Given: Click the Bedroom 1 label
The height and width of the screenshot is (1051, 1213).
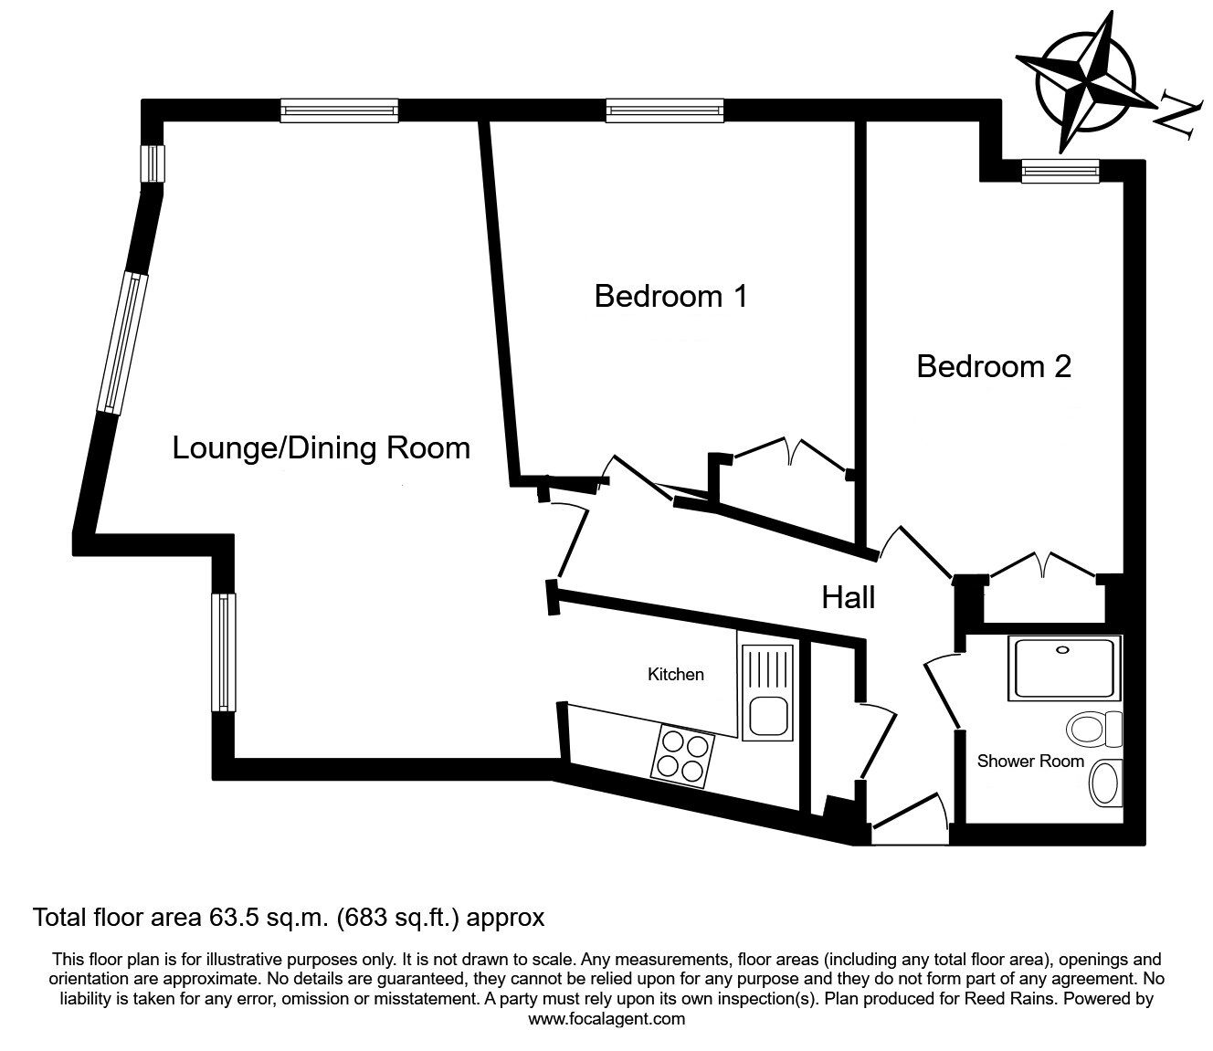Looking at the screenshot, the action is tap(670, 296).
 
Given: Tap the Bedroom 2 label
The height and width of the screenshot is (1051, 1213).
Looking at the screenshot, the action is tap(994, 366).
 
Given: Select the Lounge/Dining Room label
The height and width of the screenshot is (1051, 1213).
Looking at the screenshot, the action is tap(321, 449).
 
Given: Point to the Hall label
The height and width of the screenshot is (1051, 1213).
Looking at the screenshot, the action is tap(848, 597).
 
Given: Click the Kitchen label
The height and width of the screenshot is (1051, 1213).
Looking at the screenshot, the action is tap(675, 674).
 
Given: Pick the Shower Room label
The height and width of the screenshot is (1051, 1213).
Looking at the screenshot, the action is tap(1030, 762).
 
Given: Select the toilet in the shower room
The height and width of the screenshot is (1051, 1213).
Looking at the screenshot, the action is tap(1094, 729).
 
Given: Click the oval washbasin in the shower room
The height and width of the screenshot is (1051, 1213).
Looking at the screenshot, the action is tap(1105, 783).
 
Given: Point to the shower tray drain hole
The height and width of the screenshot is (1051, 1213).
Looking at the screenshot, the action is tap(1062, 650).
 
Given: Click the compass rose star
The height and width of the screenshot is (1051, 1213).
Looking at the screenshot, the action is tap(1084, 82).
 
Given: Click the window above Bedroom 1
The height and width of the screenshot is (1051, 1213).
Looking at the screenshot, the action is tap(664, 110).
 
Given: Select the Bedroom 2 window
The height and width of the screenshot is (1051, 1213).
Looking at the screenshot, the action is tap(1060, 171).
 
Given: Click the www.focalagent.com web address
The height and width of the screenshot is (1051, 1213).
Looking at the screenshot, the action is tap(606, 1019).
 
